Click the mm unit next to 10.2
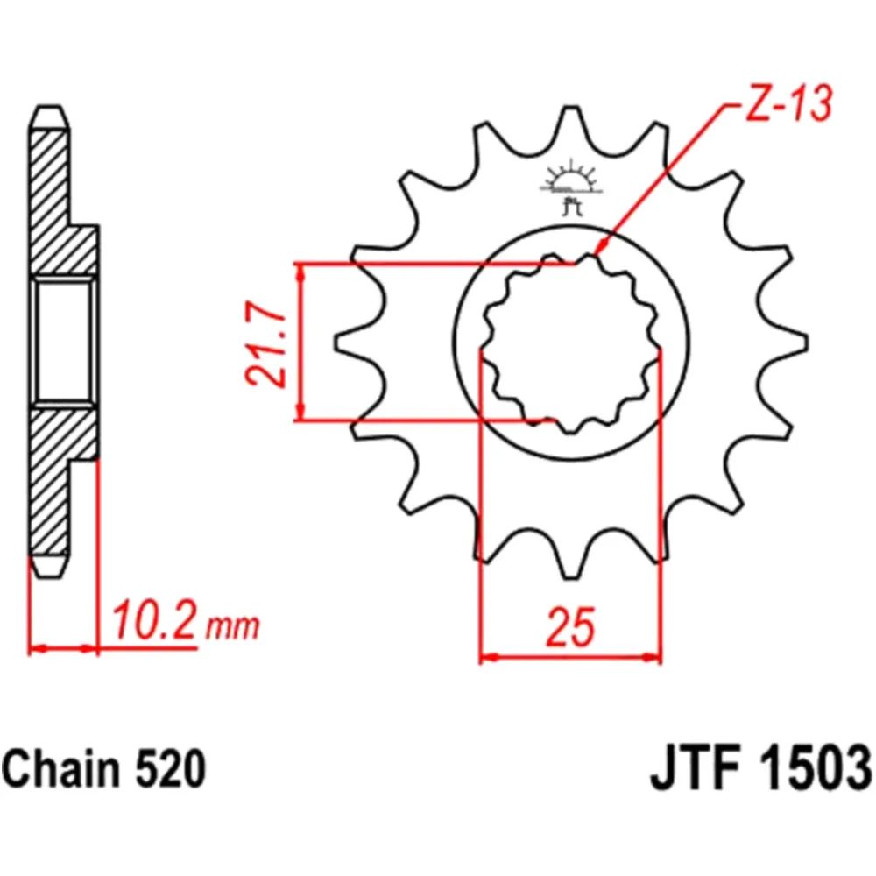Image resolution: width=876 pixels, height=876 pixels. pos(233,627)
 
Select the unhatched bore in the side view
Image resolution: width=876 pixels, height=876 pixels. pos(63,342)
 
